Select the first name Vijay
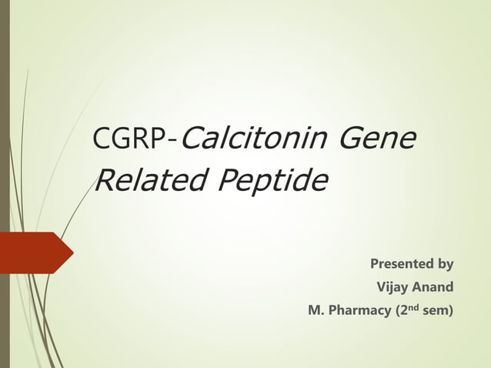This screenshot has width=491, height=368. pyautogui.click(x=392, y=288)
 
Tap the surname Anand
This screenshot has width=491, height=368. pyautogui.click(x=433, y=288)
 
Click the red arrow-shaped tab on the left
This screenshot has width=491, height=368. pyautogui.click(x=35, y=253)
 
